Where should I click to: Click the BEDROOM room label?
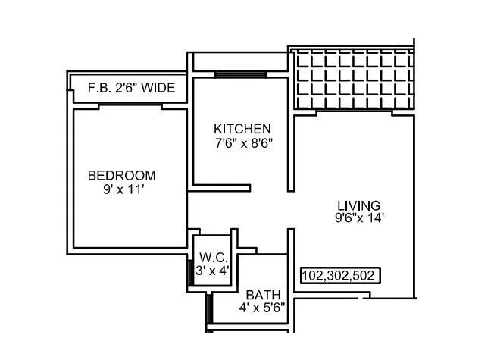pyautogui.click(x=122, y=176)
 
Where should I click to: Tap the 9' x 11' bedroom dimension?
pyautogui.click(x=123, y=190)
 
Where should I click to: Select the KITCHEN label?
pyautogui.click(x=242, y=128)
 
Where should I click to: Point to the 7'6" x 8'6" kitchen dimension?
pyautogui.click(x=242, y=142)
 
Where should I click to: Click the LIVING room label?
pyautogui.click(x=358, y=205)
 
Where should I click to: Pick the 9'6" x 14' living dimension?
pyautogui.click(x=361, y=218)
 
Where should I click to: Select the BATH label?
pyautogui.click(x=263, y=295)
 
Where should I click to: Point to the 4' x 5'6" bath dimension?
pyautogui.click(x=263, y=308)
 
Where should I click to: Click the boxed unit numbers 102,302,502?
pyautogui.click(x=338, y=275)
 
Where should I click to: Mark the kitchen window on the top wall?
pyautogui.click(x=239, y=74)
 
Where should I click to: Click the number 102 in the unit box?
pyautogui.click(x=314, y=275)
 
